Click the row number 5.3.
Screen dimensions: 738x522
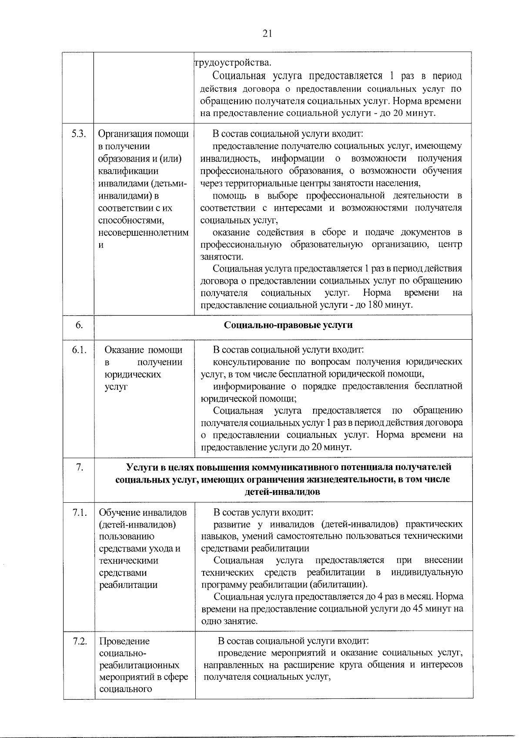click(79, 134)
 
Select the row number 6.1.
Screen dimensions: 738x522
click(79, 350)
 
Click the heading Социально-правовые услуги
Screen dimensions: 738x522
click(288, 325)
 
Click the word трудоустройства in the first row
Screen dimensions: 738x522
click(232, 63)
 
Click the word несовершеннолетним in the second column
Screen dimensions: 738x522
click(144, 232)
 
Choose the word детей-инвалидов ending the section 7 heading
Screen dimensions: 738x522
click(283, 492)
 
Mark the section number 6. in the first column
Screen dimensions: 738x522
click(79, 325)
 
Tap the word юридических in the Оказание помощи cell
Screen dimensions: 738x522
click(133, 374)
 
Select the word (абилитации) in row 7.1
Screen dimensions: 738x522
click(338, 584)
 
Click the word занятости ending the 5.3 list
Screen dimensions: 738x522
click(221, 257)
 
